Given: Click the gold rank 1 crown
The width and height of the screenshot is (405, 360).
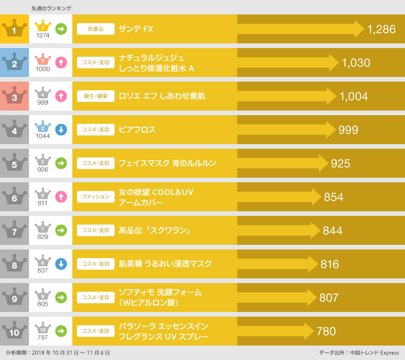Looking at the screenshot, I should (x=14, y=29).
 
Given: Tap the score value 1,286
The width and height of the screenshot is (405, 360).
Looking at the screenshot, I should (x=381, y=29).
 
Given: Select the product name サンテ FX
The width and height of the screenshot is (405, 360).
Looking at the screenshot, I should (x=136, y=29).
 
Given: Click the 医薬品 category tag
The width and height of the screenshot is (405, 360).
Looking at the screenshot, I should (x=95, y=29).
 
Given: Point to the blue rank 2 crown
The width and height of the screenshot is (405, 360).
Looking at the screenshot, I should (x=14, y=63).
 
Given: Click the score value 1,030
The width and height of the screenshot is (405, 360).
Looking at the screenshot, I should (x=356, y=63).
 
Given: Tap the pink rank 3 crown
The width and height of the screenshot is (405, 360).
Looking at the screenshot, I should (x=14, y=96).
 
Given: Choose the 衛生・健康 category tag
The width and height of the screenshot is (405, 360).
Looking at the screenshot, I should (x=95, y=96).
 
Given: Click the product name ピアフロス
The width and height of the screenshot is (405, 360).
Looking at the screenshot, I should (x=137, y=130).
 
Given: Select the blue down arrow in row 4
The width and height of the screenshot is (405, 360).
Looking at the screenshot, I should (x=61, y=130).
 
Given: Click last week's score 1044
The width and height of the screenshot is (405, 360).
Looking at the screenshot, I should (x=43, y=136).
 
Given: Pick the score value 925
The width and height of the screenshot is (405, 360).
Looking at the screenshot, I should (x=340, y=163).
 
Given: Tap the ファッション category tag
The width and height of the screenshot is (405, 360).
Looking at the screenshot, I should (x=95, y=197).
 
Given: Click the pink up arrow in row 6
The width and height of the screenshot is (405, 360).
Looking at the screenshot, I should (x=61, y=197).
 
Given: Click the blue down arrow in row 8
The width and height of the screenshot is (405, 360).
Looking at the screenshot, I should (x=61, y=264).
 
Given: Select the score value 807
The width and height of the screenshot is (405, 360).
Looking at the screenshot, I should (x=329, y=297).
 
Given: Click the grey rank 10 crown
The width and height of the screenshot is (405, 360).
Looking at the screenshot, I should (x=14, y=331).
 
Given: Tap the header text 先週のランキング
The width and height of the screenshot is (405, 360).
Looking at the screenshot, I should (x=51, y=8).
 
